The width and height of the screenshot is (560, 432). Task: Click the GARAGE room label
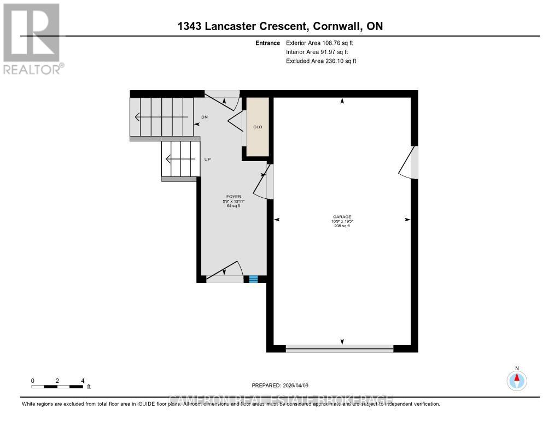342,216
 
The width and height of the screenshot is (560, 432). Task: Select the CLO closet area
257,127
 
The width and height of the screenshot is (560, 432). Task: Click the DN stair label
204,117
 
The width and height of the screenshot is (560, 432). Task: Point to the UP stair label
207,159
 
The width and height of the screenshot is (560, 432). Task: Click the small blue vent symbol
253,279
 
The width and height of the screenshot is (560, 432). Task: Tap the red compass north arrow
517,377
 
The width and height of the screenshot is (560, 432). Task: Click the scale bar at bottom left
57,387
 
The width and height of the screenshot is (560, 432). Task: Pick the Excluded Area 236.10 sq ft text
321,61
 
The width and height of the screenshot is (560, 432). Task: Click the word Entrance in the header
268,43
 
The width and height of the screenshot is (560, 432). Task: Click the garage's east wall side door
410,163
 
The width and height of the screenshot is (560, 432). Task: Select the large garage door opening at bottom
339,348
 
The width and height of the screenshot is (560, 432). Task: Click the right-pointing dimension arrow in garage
407,220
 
